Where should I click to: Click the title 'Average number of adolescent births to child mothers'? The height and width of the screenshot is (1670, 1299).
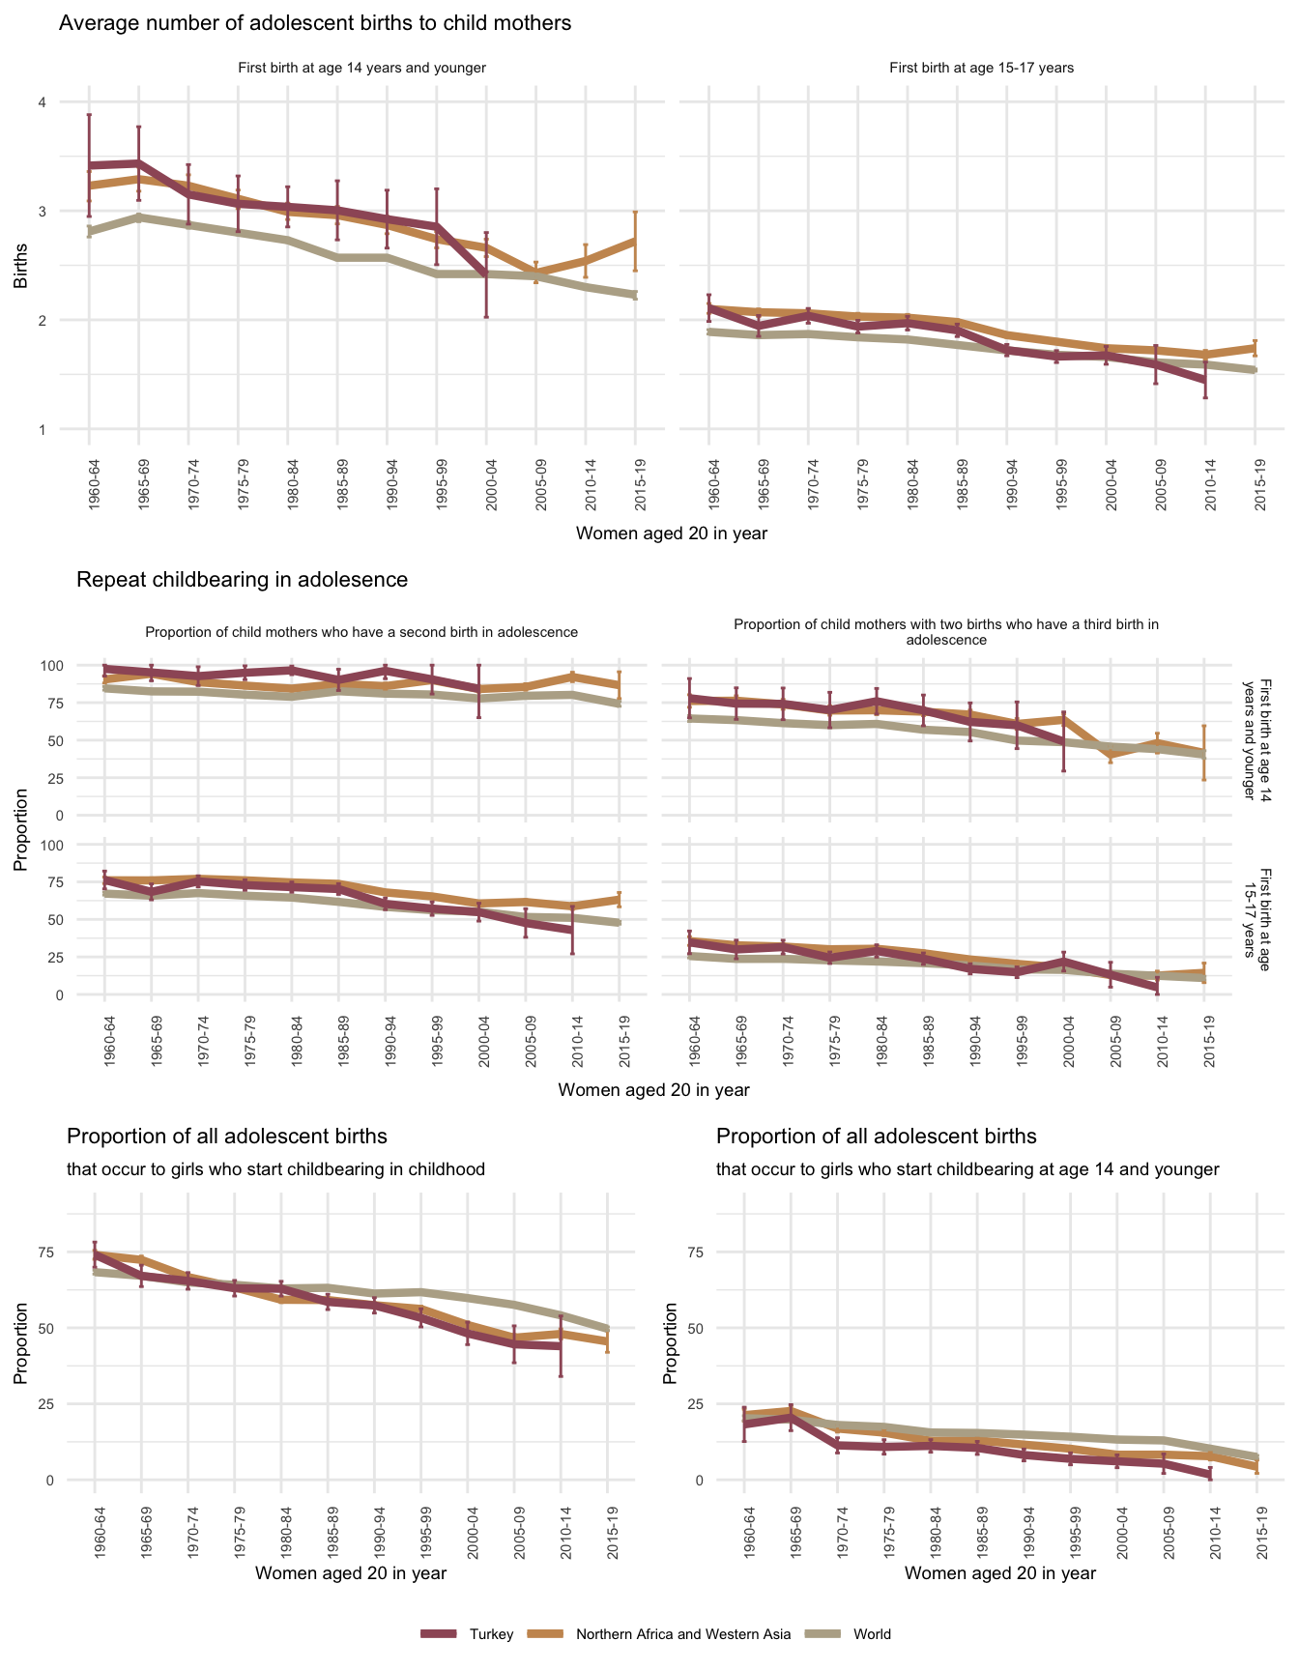click(315, 23)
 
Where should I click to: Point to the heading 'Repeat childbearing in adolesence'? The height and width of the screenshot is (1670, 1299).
click(242, 580)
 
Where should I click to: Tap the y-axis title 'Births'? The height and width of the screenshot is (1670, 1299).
click(20, 266)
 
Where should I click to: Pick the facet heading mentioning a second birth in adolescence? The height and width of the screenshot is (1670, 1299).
click(361, 632)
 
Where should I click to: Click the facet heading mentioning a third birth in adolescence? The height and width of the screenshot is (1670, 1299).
click(946, 632)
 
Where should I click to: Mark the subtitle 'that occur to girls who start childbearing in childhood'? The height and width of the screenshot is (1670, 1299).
click(275, 1169)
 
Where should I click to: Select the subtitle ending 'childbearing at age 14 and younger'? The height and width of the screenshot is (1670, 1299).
click(967, 1169)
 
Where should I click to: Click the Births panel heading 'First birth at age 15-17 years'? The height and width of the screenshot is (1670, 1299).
click(981, 69)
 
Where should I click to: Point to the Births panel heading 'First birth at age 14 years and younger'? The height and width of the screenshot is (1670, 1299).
click(361, 69)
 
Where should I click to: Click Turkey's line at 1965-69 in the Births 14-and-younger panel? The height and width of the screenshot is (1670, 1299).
click(139, 163)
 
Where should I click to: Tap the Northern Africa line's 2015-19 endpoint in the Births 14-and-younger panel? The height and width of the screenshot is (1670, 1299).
click(635, 240)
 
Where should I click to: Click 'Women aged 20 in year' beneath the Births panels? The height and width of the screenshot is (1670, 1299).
click(671, 533)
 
